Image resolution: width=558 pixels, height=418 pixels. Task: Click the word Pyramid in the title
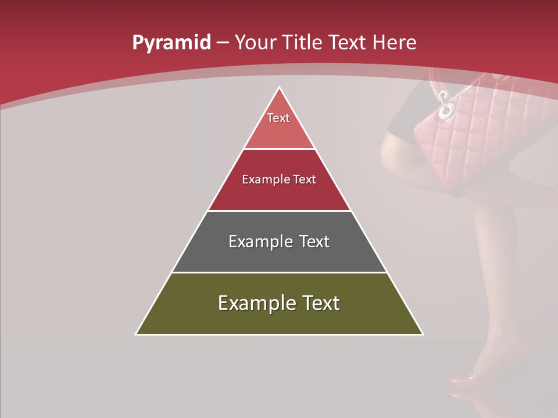point(171,43)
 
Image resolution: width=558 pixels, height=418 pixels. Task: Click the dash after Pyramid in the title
point(222,43)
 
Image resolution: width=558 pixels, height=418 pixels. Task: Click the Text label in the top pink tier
point(278,118)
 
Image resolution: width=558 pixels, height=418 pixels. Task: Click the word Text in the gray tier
point(314,242)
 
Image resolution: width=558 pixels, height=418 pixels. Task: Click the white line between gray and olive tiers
point(279,272)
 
